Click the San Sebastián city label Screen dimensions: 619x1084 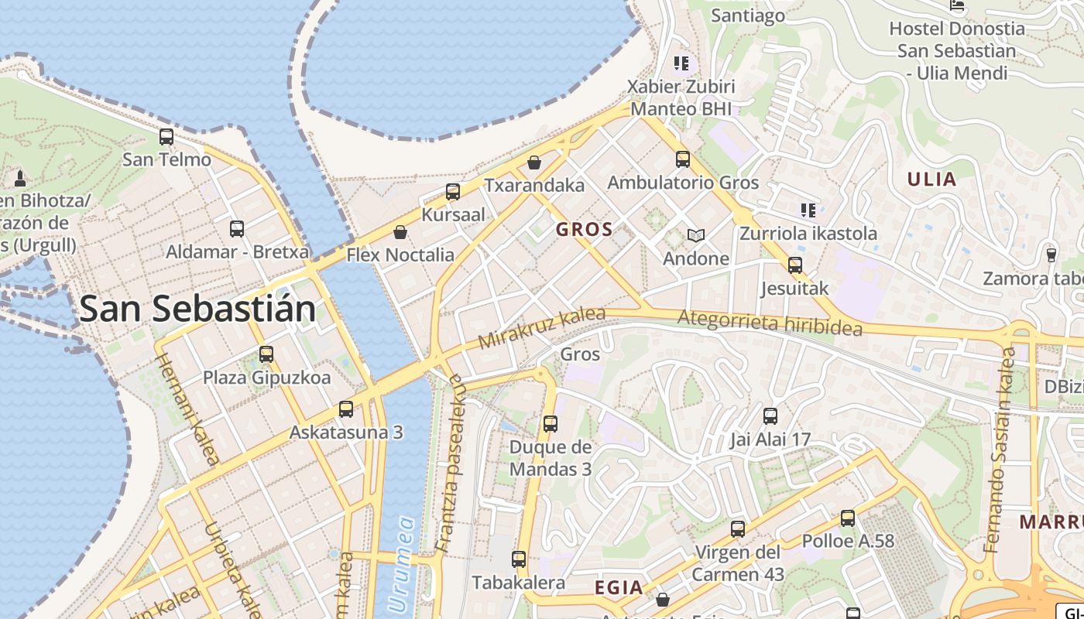point(197,309)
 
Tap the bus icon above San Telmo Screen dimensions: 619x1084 point(166,137)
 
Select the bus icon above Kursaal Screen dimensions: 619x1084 point(453,191)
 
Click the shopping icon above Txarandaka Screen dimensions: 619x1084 point(534,162)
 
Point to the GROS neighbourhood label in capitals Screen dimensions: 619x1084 point(585,229)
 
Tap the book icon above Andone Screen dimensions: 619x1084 point(696,235)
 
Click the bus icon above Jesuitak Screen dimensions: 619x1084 point(794,265)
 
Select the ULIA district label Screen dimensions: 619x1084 point(931,180)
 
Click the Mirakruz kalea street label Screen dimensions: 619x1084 point(541,327)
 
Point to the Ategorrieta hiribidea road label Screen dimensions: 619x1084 point(770,322)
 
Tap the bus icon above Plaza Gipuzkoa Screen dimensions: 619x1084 point(266,354)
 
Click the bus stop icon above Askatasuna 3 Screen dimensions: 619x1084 point(346,409)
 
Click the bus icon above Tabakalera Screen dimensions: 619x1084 point(519,559)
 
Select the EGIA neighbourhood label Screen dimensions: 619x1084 point(619,588)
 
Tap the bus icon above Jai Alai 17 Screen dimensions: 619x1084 point(770,416)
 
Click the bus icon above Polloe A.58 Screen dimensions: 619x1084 point(848,518)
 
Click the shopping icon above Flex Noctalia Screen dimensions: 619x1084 point(400,231)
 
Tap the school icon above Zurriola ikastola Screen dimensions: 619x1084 point(808,210)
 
